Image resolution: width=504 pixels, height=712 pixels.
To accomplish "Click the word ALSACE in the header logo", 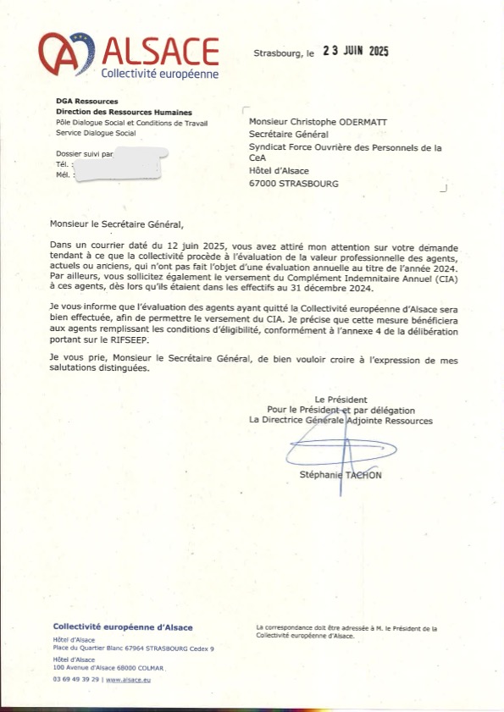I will (159, 51).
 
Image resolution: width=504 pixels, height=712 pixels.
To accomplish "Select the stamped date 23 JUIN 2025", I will (355, 52).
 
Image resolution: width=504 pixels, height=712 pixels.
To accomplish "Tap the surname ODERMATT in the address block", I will (357, 122).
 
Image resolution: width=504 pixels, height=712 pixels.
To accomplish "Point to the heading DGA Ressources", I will (86, 102).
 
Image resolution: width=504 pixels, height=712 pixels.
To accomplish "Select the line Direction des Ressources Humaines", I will (124, 113).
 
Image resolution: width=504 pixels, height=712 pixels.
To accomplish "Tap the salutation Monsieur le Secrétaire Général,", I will (116, 224).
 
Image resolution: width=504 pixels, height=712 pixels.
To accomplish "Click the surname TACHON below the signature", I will (363, 475).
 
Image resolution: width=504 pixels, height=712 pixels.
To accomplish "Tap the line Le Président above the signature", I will (341, 399).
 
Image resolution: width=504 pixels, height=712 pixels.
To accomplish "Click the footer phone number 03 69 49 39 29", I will (77, 679).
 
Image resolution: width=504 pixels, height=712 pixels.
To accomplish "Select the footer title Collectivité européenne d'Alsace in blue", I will (122, 626).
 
